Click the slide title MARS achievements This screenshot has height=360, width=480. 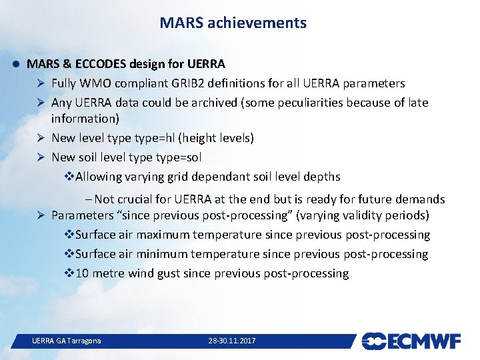click(x=233, y=23)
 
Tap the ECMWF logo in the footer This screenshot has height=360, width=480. click(x=411, y=341)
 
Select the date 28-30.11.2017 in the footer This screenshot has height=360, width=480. click(x=231, y=341)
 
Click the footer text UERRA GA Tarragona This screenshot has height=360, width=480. click(x=67, y=341)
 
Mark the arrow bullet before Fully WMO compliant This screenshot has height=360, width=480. click(x=41, y=83)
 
